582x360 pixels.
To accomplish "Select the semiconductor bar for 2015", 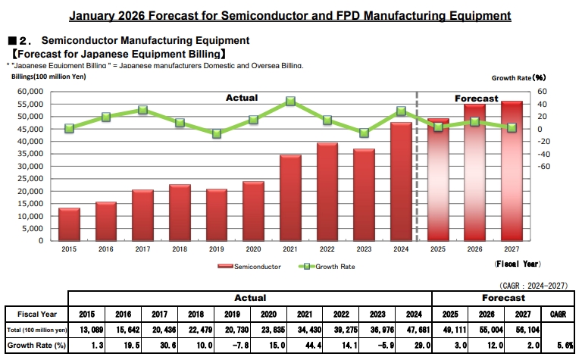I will click(69, 224).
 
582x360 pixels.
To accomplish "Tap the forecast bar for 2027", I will click(512, 171).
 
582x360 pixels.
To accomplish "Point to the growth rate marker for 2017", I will click(142, 110).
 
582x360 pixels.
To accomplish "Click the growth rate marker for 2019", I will click(217, 133).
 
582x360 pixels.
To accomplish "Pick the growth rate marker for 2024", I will click(401, 111).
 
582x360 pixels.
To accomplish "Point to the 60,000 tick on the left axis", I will click(31, 92).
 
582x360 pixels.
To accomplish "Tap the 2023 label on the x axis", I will click(365, 248).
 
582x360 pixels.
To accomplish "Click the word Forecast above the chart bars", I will click(476, 99).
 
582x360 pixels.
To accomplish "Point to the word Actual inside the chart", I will click(242, 97).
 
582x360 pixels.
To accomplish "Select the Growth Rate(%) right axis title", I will click(518, 77).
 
